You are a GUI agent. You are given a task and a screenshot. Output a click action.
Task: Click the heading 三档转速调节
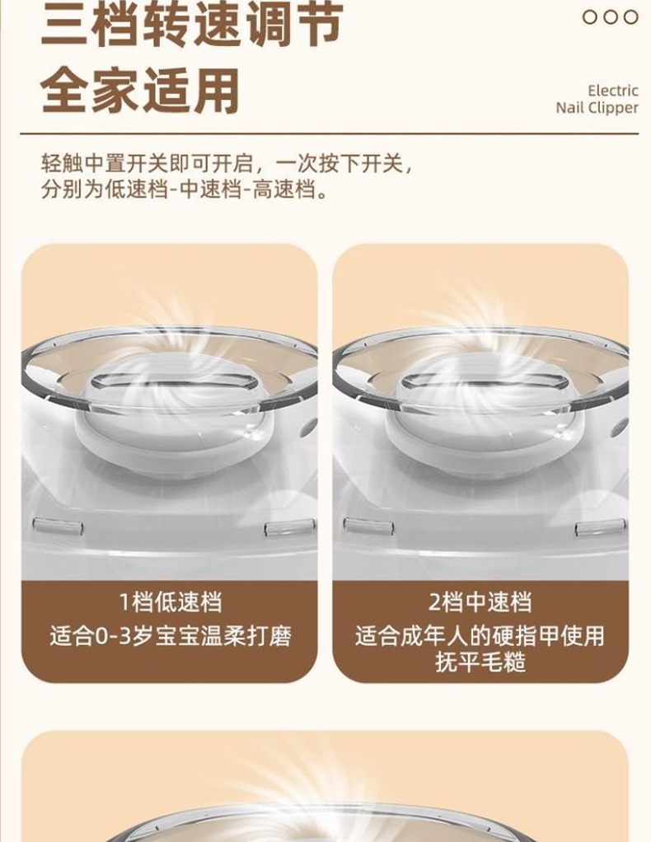tap(192, 26)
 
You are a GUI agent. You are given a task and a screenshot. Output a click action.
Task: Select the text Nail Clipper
tap(597, 108)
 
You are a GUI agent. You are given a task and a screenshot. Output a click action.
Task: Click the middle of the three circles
tap(611, 17)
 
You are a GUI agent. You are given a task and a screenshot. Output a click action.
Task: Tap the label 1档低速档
tap(171, 602)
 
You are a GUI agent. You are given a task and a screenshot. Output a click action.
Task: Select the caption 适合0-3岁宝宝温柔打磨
tap(171, 636)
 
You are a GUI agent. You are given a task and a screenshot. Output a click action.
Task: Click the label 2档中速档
tap(480, 602)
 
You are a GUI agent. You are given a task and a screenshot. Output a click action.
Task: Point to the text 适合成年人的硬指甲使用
tap(480, 636)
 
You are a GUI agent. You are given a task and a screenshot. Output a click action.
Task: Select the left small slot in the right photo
tap(368, 525)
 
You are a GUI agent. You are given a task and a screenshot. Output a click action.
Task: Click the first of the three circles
tap(591, 17)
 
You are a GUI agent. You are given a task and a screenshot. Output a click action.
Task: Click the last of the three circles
tap(630, 17)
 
